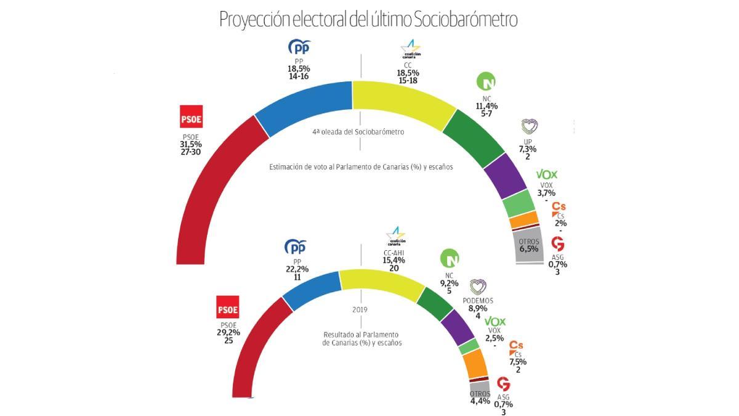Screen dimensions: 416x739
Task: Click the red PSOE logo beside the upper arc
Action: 191,117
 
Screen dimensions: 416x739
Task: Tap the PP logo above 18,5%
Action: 300,47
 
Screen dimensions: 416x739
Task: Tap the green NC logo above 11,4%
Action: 487,81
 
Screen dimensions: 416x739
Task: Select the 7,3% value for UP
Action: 528,149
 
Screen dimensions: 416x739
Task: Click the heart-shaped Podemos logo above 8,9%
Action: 478,287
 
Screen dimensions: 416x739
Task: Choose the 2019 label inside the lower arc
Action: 360,311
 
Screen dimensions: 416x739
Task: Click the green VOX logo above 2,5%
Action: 495,322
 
